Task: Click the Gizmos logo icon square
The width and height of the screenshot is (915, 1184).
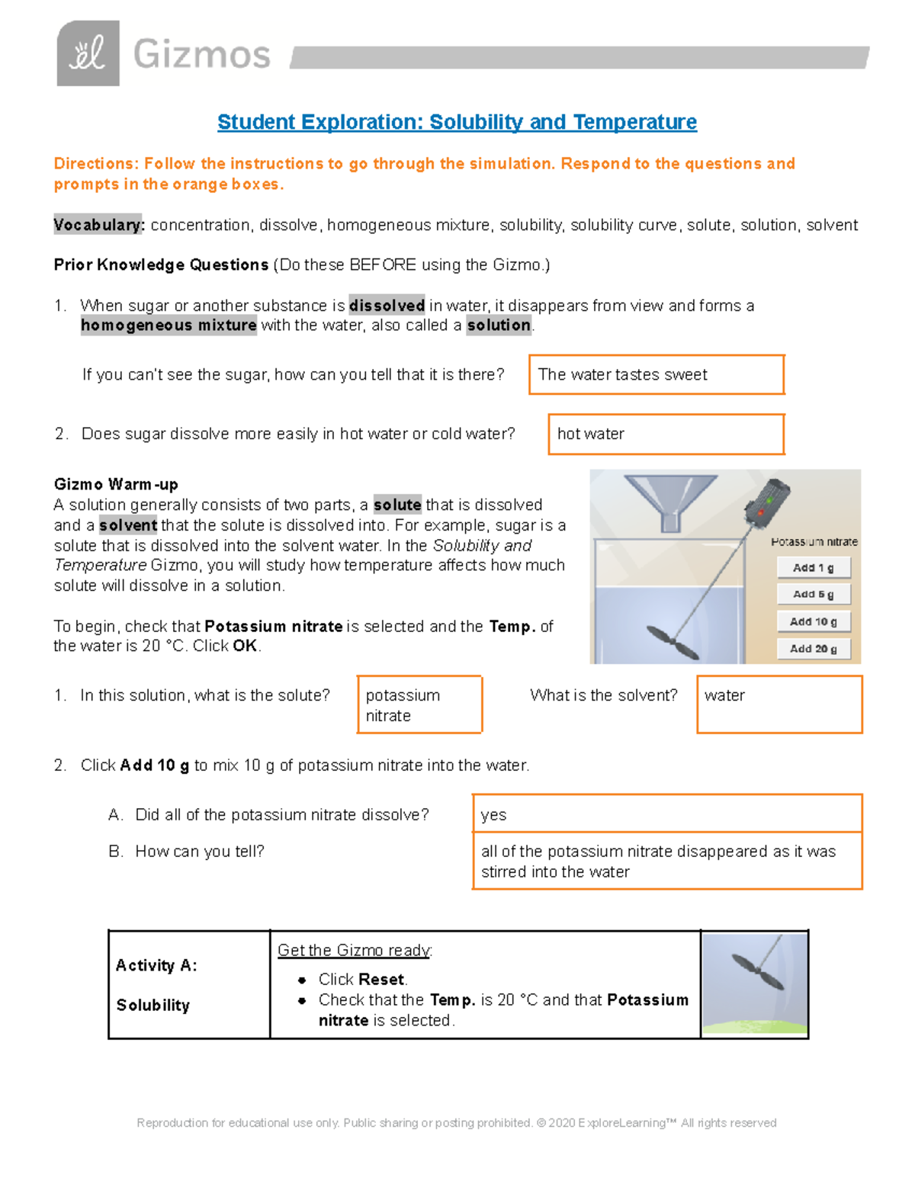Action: point(88,53)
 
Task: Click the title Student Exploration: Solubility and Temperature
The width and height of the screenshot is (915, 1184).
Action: point(457,122)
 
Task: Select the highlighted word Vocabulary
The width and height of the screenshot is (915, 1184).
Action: point(98,225)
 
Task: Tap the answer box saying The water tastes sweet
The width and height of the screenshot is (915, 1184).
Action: point(656,374)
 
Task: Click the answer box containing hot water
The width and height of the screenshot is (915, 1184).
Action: point(666,434)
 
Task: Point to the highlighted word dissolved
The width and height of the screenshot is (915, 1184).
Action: point(387,306)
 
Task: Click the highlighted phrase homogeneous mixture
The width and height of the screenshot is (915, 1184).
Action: point(169,326)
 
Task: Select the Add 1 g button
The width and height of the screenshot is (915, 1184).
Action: point(813,567)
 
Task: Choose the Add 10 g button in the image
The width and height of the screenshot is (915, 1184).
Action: point(813,621)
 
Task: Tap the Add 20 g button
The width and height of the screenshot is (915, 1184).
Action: point(813,649)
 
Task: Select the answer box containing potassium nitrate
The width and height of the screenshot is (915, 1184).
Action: point(419,705)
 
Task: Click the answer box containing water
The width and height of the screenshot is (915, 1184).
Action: point(779,705)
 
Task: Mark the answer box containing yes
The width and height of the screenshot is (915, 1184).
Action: point(666,814)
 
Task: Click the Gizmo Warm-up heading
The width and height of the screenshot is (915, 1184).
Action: point(116,484)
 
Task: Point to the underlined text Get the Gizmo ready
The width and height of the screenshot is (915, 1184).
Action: point(355,950)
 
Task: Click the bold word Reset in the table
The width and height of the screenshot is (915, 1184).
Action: point(382,979)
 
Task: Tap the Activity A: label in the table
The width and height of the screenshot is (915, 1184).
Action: point(156,965)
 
